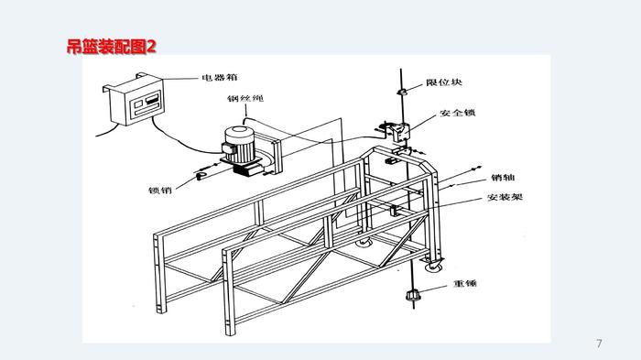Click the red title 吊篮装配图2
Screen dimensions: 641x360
pos(112,46)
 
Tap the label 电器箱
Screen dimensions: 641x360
pos(220,77)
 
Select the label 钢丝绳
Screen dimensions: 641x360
pos(245,98)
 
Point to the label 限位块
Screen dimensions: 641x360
pos(444,82)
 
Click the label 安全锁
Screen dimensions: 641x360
pos(458,113)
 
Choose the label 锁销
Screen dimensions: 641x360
pos(160,190)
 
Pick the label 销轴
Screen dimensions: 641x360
pos(503,178)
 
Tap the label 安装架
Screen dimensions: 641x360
pos(505,197)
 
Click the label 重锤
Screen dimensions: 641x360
pos(465,283)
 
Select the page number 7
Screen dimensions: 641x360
pos(599,344)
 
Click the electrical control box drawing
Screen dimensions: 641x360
pos(134,100)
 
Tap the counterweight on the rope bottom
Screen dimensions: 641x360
pos(413,295)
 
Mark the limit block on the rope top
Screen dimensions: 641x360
pos(402,92)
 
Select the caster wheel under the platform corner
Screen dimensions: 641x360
pos(434,265)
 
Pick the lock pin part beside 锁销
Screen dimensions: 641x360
pos(201,176)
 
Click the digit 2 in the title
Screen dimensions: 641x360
pos(151,46)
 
